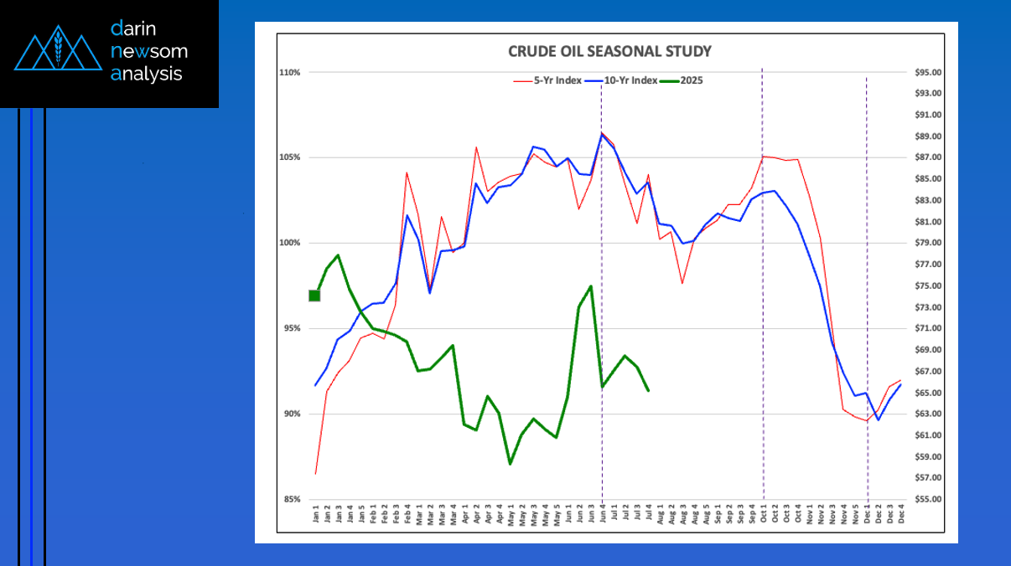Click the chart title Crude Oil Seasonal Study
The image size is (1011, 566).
tap(609, 51)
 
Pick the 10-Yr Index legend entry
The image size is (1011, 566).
tap(625, 80)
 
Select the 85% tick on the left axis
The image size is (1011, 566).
tap(291, 499)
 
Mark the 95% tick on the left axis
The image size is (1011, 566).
tap(291, 328)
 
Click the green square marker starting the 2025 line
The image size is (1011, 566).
tap(314, 296)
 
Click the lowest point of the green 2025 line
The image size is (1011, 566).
tap(510, 464)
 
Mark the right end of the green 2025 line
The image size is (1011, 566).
tap(648, 390)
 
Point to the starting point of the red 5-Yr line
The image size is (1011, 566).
tap(315, 474)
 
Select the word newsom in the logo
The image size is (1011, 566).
tap(149, 52)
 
